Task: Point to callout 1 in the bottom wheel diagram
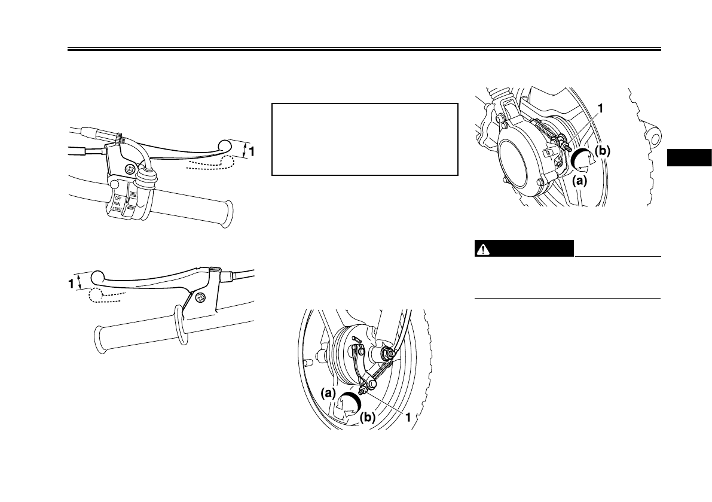click(408, 418)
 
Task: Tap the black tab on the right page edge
click(689, 157)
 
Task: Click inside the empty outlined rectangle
click(365, 139)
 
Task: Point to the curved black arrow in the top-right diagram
click(582, 160)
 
